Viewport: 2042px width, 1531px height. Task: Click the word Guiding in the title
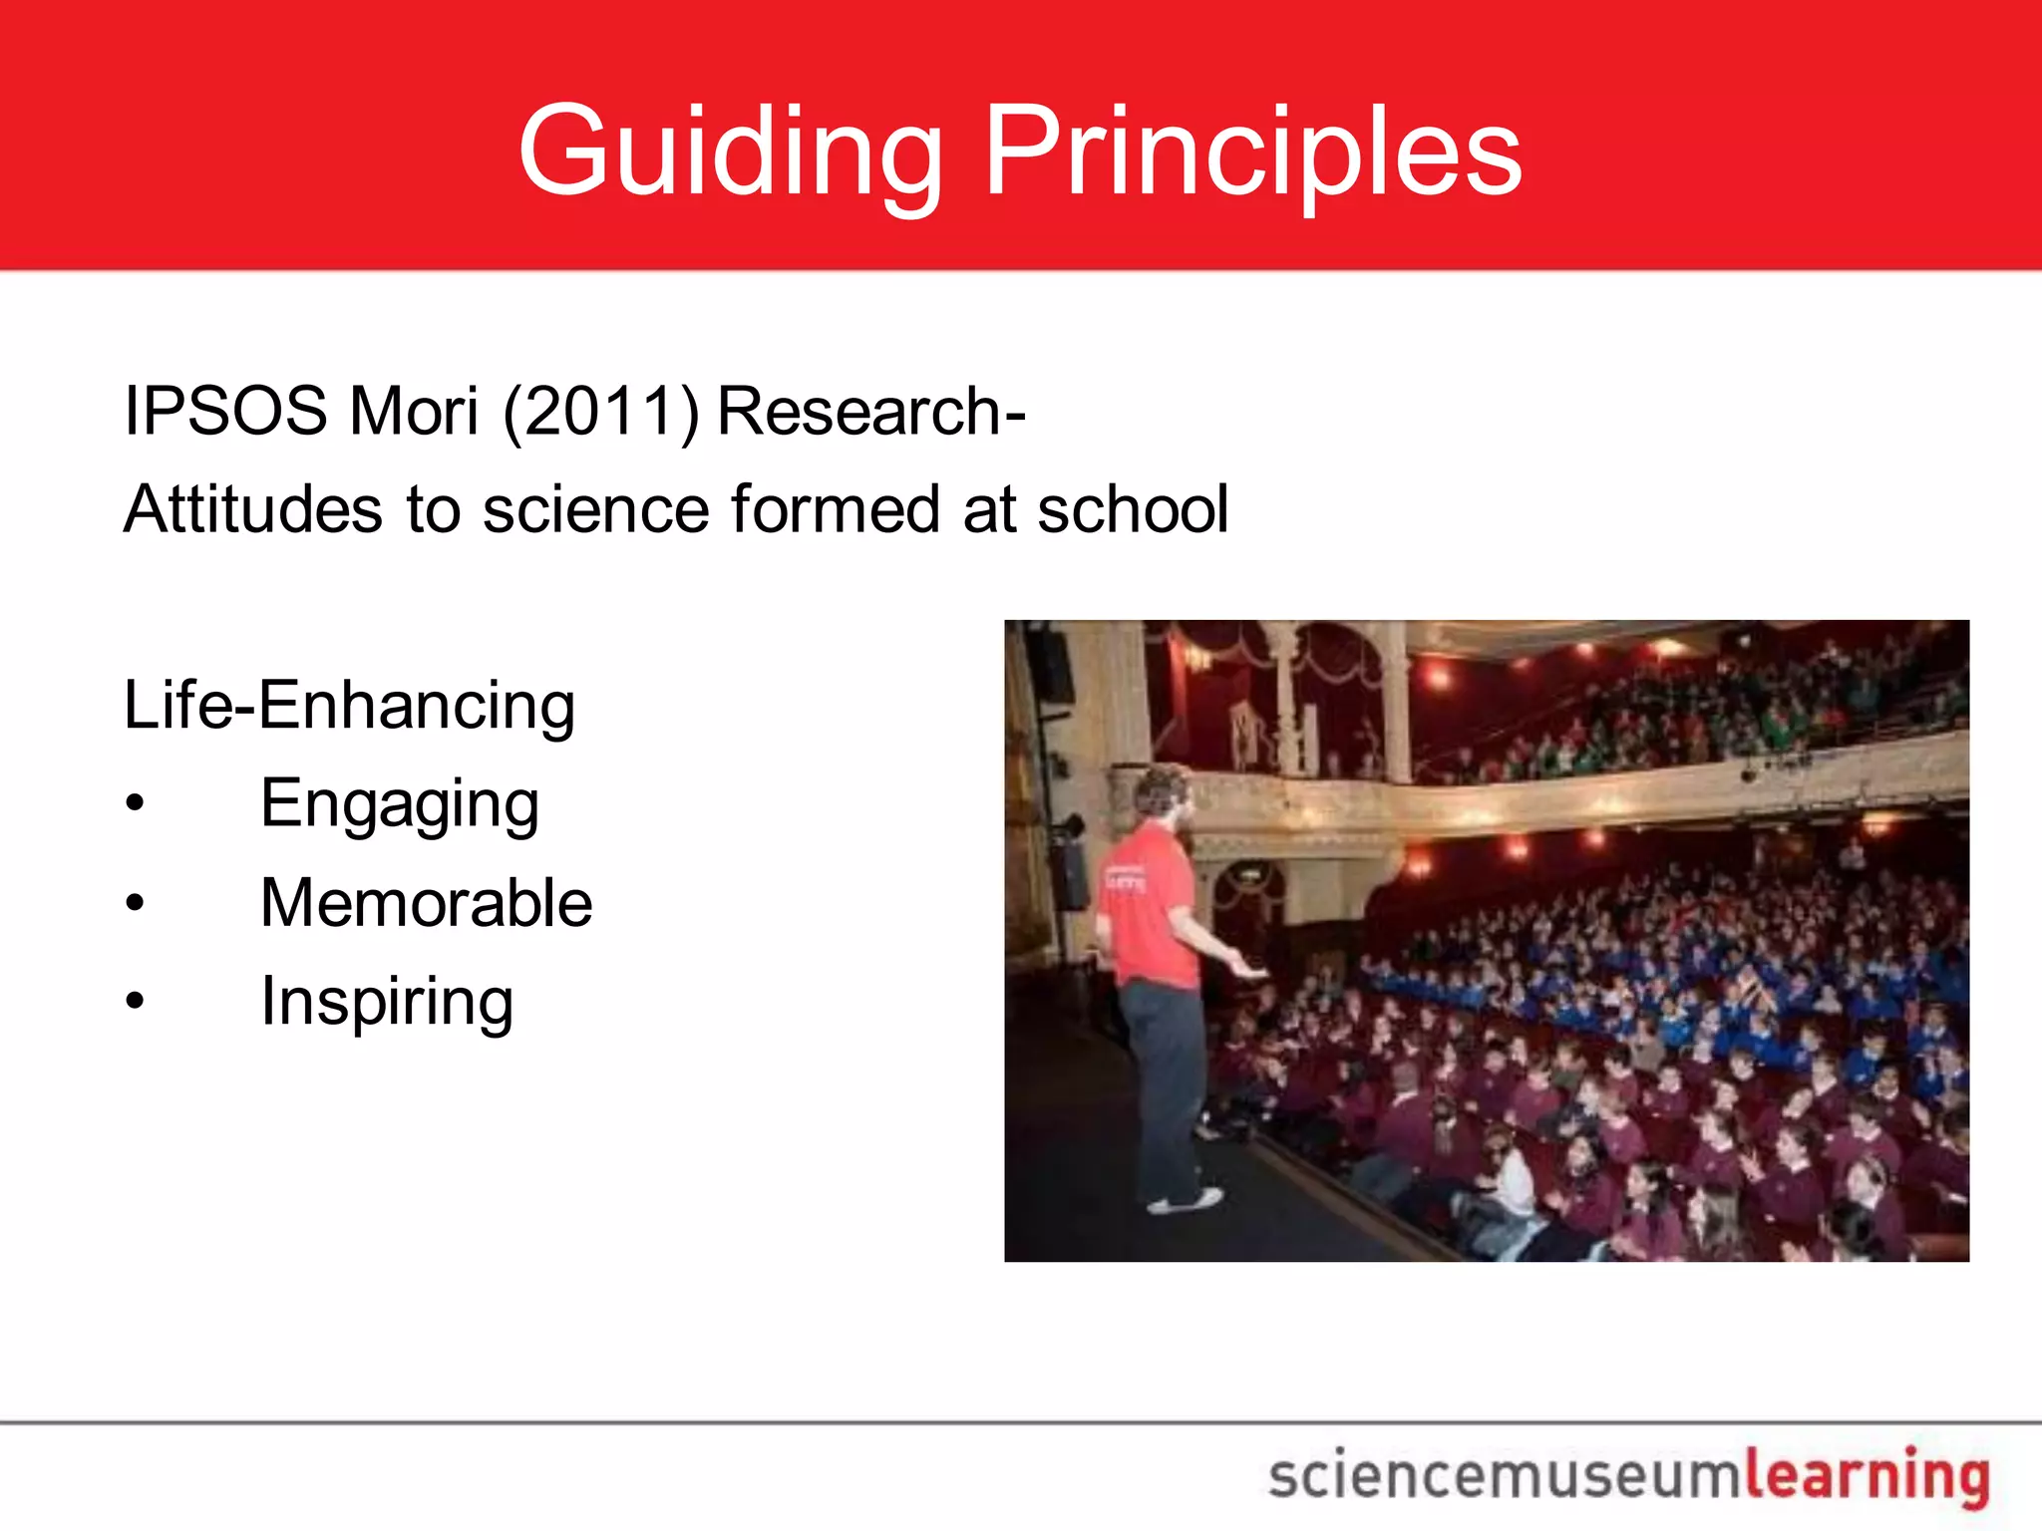(730, 152)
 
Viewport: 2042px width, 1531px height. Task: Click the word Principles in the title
(1252, 152)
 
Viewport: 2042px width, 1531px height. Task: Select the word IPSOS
(225, 411)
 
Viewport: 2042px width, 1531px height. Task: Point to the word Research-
(871, 411)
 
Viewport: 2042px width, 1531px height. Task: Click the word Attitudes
(253, 509)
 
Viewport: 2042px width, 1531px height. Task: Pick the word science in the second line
(596, 509)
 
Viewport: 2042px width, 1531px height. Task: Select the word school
(1133, 509)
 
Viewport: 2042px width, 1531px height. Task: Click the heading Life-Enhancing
(349, 706)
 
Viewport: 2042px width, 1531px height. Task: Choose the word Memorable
(426, 903)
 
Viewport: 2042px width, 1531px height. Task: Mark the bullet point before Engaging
(136, 803)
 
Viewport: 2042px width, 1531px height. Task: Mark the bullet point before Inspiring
(136, 1001)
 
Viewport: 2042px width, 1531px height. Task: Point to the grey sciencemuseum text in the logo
(1506, 1476)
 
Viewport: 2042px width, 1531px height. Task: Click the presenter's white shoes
(1187, 1200)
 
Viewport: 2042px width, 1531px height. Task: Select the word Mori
(414, 411)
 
